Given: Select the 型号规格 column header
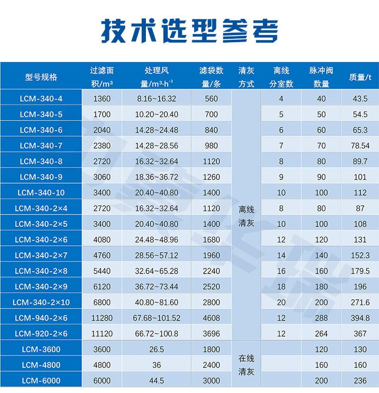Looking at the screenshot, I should coord(41,77).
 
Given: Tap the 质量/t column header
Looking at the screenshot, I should coord(360,77).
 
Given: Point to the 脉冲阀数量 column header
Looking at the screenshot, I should coord(321,77).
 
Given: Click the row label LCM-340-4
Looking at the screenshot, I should coord(41,99).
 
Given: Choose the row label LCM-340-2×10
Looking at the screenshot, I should coord(41,303).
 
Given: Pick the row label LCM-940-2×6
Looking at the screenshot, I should coord(41,318).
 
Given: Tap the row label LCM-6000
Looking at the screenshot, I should coord(41,381).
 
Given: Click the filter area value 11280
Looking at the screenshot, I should coord(102,318).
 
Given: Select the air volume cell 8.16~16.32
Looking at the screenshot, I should coord(156,99).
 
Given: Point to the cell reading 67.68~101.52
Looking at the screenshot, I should coord(156,318).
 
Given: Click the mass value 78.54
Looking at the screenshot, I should coord(360,146).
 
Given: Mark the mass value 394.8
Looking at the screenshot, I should coord(360,318).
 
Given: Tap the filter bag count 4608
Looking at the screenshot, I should coord(211,318).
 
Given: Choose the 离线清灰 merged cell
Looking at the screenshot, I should coord(246,216).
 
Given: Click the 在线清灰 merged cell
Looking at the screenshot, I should coord(246,365).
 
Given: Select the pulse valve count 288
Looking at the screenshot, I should coord(321,318).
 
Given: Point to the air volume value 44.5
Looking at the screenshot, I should coord(156,381).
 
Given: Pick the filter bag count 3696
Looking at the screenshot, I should coord(211,334).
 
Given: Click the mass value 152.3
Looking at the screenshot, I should coord(360,256).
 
